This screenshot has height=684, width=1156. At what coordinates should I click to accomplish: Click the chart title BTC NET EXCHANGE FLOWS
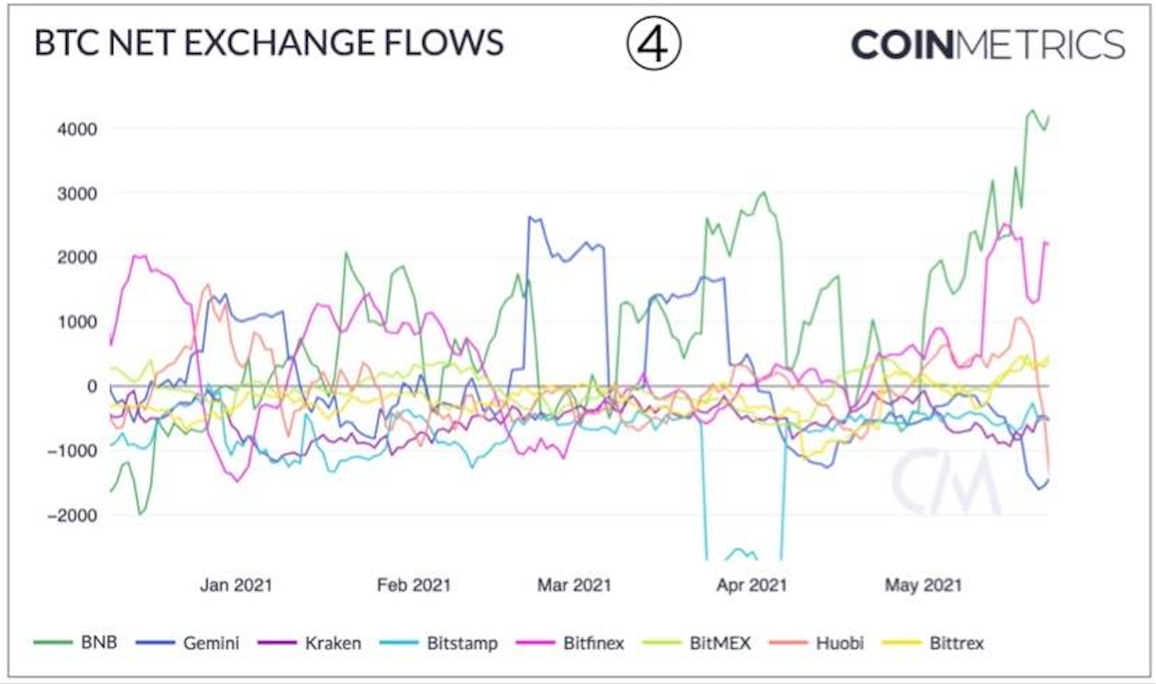click(269, 43)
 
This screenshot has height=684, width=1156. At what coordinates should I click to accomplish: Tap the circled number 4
click(653, 45)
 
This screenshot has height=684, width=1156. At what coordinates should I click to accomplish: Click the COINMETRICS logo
click(988, 44)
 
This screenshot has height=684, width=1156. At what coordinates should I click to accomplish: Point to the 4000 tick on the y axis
click(78, 129)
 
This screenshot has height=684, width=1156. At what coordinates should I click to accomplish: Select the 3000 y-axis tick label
click(78, 193)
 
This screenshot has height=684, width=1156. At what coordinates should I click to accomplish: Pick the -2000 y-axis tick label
click(73, 515)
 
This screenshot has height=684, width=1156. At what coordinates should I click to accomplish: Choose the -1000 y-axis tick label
click(73, 451)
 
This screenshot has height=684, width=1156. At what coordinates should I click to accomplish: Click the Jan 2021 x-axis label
click(236, 585)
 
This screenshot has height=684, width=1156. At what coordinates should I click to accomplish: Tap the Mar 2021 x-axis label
click(574, 585)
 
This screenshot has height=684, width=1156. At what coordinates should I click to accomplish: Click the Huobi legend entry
click(828, 643)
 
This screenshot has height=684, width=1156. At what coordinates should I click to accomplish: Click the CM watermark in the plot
click(945, 482)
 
